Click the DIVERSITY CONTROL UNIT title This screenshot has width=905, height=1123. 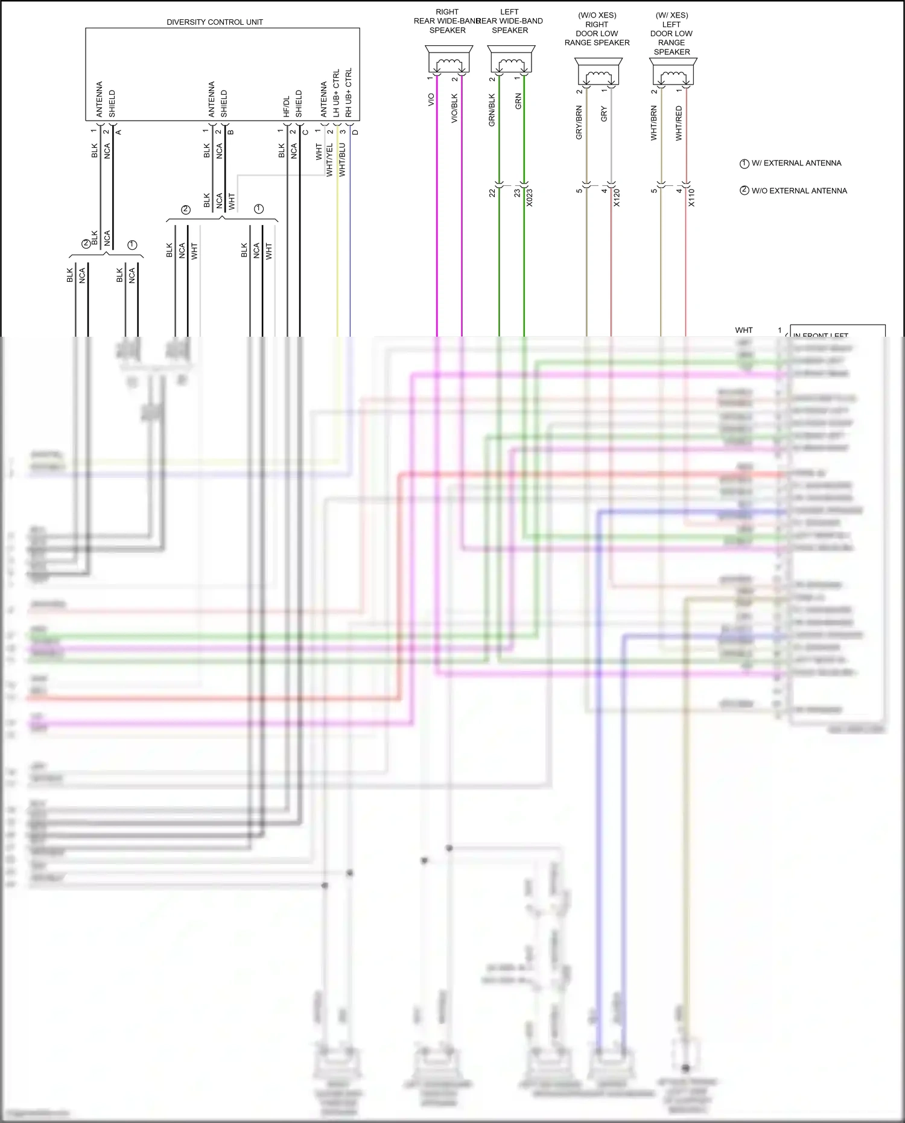pyautogui.click(x=215, y=22)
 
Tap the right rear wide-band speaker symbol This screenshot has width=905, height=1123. pyautogui.click(x=448, y=60)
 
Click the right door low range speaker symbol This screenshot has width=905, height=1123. pyautogui.click(x=598, y=72)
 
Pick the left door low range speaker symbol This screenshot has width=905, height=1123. pyautogui.click(x=673, y=72)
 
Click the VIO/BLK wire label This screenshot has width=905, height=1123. pyautogui.click(x=455, y=109)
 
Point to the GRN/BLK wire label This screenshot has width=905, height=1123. pyautogui.click(x=492, y=110)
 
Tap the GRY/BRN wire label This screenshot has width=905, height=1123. pyautogui.click(x=579, y=122)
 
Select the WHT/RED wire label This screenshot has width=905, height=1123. pyautogui.click(x=679, y=124)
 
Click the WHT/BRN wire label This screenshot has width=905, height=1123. pyautogui.click(x=654, y=124)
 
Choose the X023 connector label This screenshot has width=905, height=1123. pyautogui.click(x=530, y=198)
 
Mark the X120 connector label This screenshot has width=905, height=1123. pyautogui.click(x=617, y=198)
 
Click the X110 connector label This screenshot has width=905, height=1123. pyautogui.click(x=691, y=198)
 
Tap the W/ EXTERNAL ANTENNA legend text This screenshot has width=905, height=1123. pyautogui.click(x=796, y=163)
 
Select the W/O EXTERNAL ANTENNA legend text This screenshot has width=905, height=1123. pyautogui.click(x=799, y=191)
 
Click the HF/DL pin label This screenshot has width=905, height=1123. pyautogui.click(x=287, y=106)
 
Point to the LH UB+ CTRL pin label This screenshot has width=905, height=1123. pyautogui.click(x=336, y=93)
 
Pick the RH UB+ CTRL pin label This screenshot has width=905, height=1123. pyautogui.click(x=349, y=93)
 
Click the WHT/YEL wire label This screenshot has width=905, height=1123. pyautogui.click(x=329, y=160)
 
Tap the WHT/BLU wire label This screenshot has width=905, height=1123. pyautogui.click(x=342, y=160)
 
